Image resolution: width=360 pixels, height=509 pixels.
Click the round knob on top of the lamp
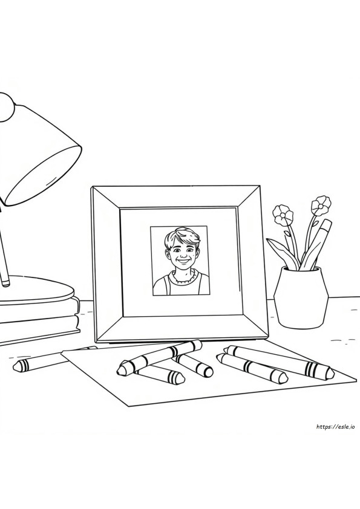coord(7,107)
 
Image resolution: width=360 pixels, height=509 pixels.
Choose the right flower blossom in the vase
coord(321,204)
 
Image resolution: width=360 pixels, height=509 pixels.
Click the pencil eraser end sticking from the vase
coord(327,224)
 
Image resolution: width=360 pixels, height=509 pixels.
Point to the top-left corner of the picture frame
coord(93,187)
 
